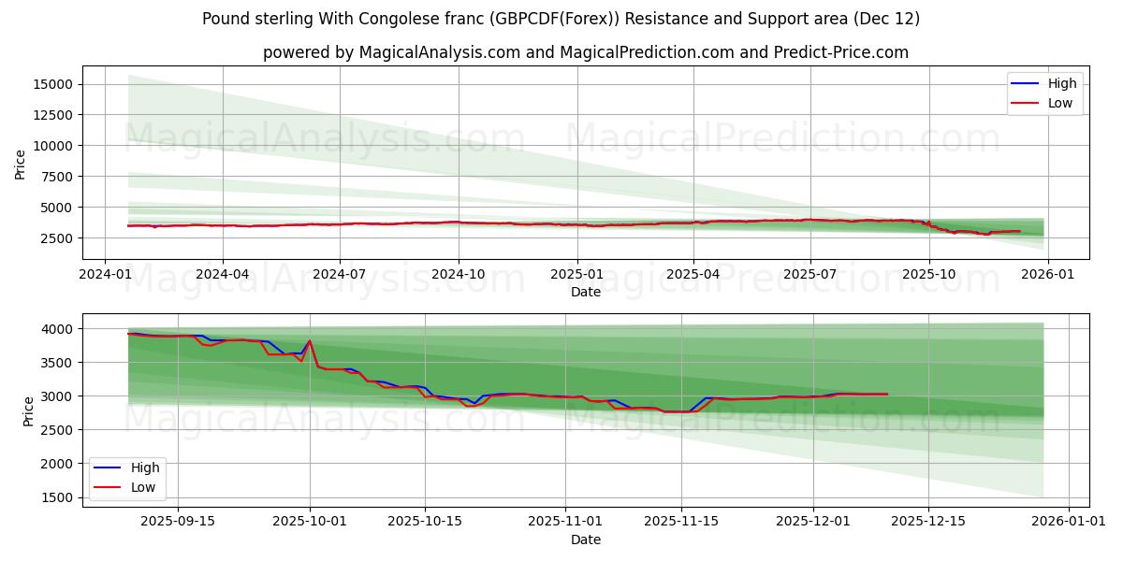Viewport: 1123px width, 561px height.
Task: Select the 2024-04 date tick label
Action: click(x=223, y=275)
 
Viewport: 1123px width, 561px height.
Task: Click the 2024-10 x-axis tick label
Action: click(x=458, y=275)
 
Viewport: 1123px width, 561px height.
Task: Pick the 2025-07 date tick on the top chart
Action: click(x=809, y=275)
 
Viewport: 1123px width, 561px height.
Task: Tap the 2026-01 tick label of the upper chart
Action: click(x=1047, y=275)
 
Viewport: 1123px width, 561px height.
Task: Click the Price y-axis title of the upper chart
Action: click(x=21, y=165)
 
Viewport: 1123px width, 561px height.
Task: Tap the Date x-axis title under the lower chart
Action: click(x=586, y=539)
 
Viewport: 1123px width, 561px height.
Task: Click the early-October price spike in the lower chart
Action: click(x=310, y=341)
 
